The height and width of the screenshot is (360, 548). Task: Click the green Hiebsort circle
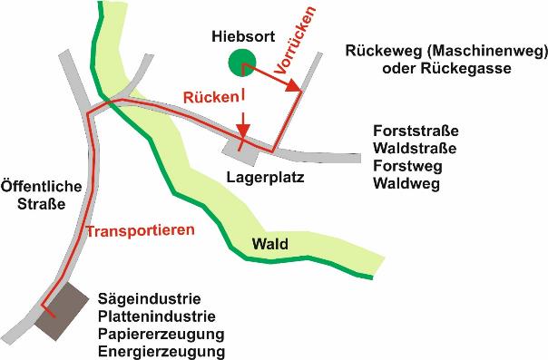tap(241, 63)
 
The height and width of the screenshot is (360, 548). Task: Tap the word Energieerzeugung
tap(161, 352)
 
